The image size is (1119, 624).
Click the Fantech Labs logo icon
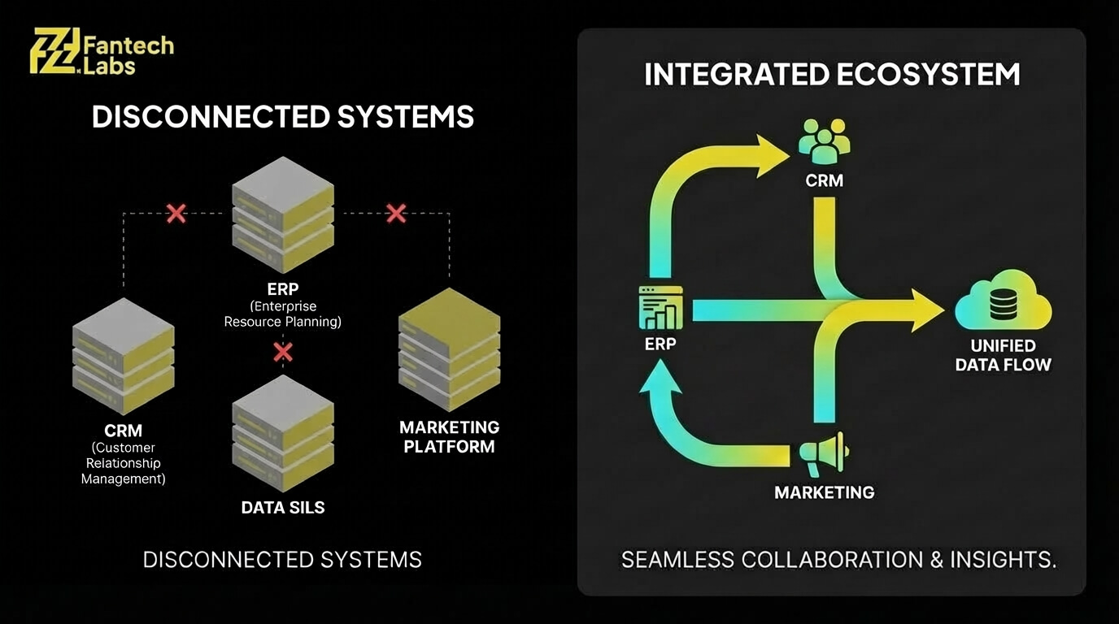(54, 51)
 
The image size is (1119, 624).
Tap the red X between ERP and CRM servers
(176, 214)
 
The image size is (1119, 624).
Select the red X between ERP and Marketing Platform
(396, 214)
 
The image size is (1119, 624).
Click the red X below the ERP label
(282, 352)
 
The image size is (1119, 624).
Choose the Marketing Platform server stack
(449, 349)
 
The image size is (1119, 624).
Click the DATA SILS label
(282, 508)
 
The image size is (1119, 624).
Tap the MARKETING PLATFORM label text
(449, 436)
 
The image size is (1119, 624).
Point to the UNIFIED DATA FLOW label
(1003, 356)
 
